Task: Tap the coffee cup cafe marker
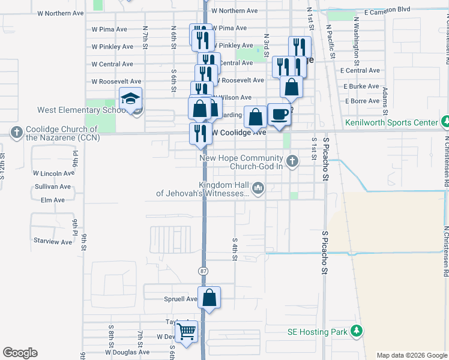[279, 114]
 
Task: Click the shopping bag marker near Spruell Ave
[209, 298]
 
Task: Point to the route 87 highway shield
[203, 271]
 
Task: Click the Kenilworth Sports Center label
[391, 122]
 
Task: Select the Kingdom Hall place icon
[259, 189]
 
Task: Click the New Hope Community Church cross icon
[292, 160]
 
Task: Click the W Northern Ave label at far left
[59, 12]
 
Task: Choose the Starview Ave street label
[53, 241]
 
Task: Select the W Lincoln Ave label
[53, 173]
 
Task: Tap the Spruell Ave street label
[180, 299]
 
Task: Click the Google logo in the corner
[20, 353]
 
